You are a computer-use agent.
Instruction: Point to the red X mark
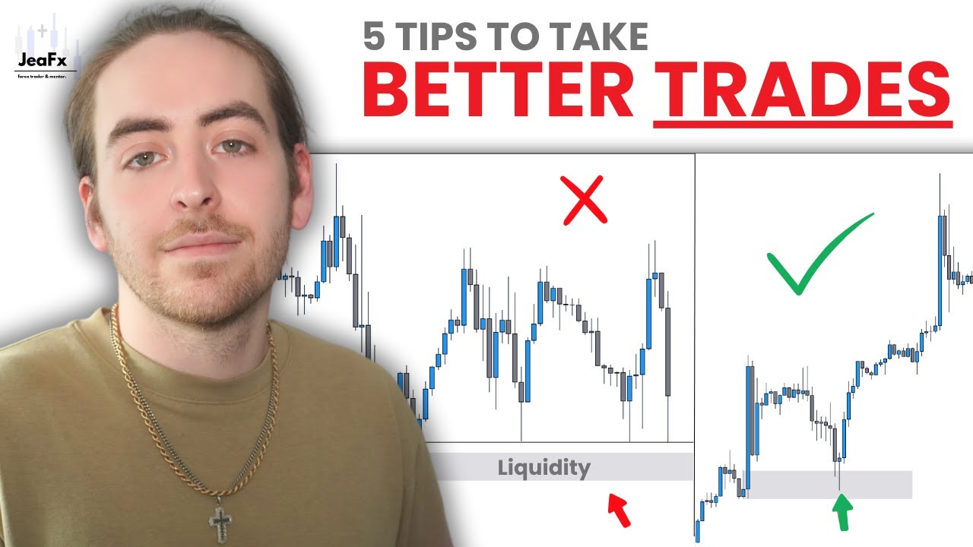click(x=585, y=200)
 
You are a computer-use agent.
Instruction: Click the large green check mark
click(x=817, y=255)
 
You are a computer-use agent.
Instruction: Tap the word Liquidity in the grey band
click(x=544, y=467)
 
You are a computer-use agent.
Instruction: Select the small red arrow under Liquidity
click(x=619, y=509)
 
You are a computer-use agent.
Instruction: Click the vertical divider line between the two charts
click(x=695, y=342)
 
